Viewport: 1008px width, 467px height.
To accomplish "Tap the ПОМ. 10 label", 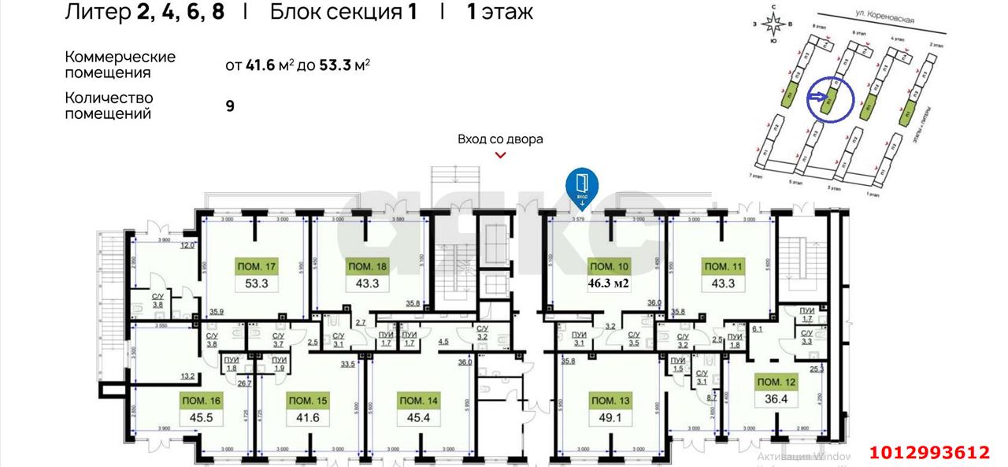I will point(610,265).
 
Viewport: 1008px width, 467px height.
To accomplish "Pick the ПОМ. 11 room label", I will point(723,266).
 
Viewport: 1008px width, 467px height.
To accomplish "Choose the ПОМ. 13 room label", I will point(610,401).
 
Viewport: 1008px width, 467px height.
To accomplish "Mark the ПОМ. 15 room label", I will point(308,401).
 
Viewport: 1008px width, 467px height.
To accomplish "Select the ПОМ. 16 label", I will point(200,401).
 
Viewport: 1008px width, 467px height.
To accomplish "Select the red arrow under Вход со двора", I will point(500,155).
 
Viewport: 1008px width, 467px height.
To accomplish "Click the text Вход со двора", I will point(500,139).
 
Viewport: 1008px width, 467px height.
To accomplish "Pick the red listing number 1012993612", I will point(929,452).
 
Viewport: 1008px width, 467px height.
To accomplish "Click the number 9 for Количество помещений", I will point(230,106).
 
